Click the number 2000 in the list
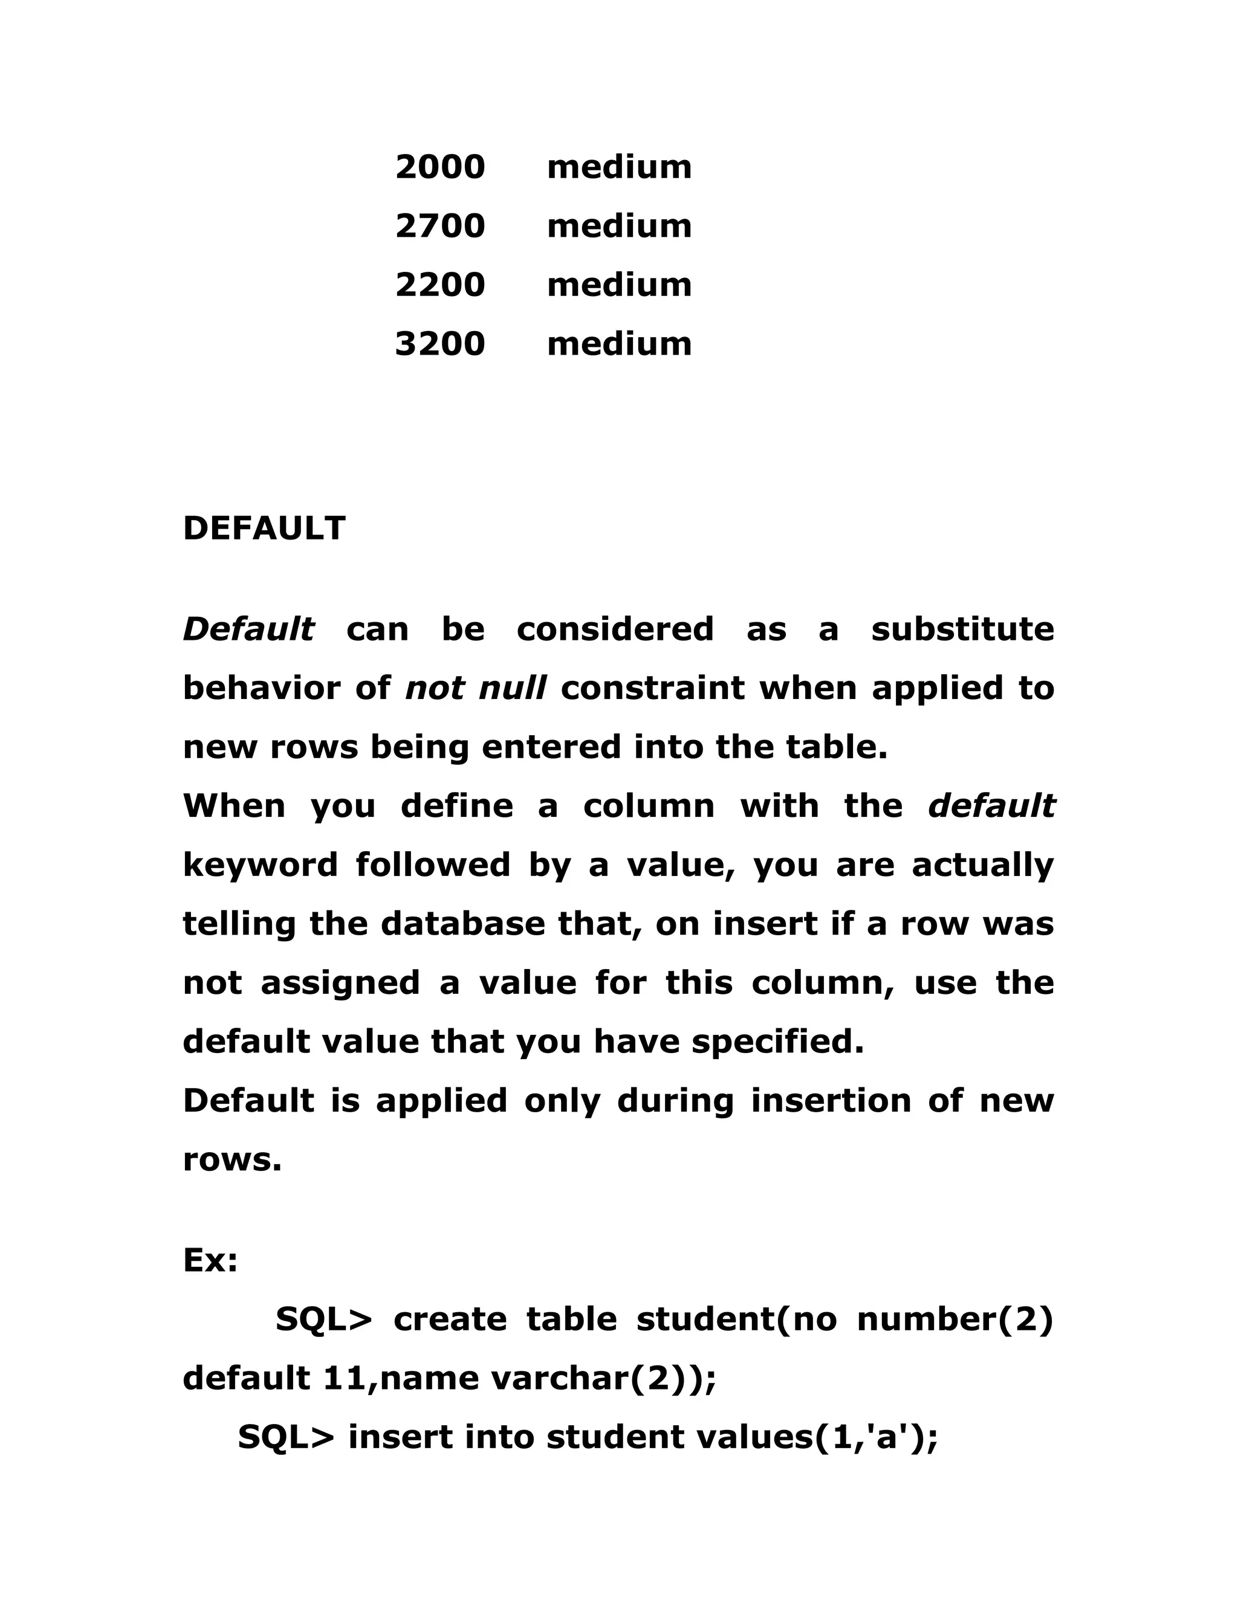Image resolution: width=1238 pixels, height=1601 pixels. coord(440,167)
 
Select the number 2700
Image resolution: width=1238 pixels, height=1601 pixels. coord(440,226)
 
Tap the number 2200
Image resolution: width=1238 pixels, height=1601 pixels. coord(440,285)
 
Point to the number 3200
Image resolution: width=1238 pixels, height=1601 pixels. coord(440,344)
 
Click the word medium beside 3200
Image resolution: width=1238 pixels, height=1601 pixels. coord(619,344)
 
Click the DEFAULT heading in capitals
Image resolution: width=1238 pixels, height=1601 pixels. coord(264,529)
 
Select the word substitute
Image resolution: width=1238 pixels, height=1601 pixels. coord(962,629)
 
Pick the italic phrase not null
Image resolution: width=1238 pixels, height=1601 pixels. coord(475,688)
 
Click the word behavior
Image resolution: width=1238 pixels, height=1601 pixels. coord(261,688)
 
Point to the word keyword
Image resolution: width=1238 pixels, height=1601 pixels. coord(261,866)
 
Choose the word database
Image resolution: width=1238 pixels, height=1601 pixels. coord(463,924)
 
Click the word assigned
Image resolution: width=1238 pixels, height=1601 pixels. coord(340,983)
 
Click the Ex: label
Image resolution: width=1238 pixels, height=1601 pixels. coord(210,1260)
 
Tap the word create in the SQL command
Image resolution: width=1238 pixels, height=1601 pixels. coord(450,1319)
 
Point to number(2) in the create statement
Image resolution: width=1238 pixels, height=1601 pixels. coord(955,1319)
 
